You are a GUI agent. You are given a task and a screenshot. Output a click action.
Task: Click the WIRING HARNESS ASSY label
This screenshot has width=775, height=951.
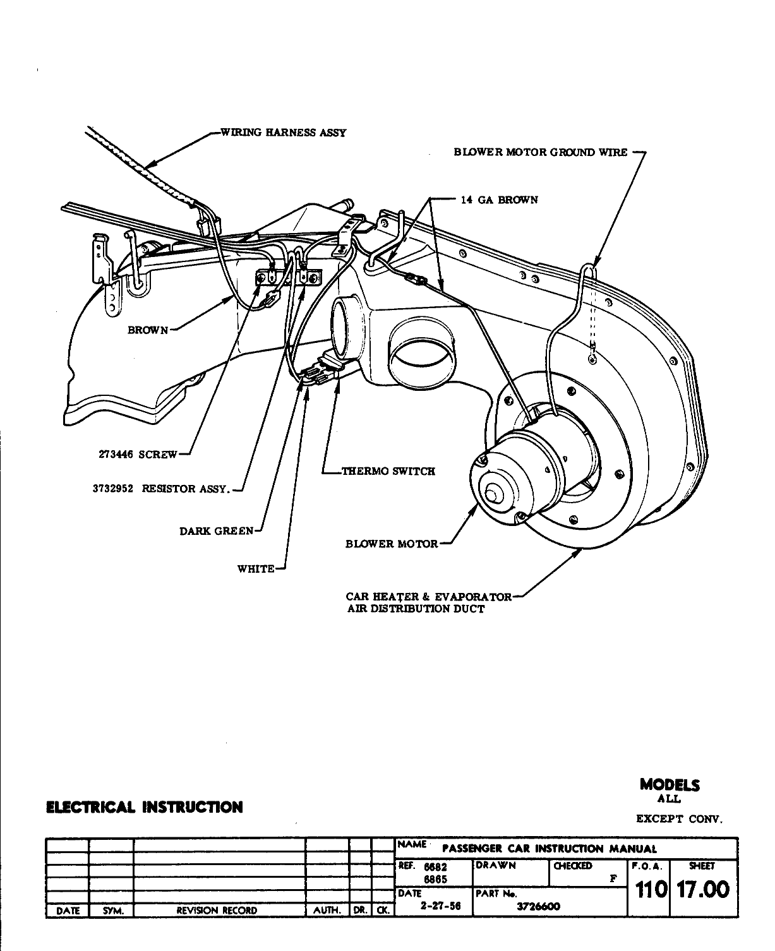pos(282,133)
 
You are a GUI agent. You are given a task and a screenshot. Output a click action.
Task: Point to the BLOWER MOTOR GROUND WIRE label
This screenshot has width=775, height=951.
pos(541,152)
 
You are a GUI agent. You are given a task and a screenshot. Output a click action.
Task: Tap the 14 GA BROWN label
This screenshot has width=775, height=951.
pos(499,200)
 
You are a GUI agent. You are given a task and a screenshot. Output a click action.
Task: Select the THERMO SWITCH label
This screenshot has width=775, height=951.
pos(388,471)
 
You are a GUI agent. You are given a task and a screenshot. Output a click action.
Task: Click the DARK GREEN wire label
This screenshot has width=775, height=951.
pos(217,531)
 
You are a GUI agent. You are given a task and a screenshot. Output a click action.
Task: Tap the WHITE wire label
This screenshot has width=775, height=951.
pos(256,569)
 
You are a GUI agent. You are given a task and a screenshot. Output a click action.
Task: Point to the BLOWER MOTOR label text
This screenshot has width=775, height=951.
pos(392,544)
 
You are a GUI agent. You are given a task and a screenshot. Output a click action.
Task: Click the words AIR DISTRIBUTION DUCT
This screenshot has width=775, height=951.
pos(416,609)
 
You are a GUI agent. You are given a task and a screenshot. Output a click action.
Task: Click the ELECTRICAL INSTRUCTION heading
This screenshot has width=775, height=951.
pos(144,807)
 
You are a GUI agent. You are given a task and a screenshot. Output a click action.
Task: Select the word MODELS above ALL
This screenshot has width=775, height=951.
pos(670,785)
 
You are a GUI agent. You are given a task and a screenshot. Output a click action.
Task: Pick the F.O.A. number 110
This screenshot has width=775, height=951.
pos(648,890)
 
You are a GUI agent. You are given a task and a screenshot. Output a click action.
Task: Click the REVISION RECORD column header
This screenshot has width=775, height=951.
pos(217,911)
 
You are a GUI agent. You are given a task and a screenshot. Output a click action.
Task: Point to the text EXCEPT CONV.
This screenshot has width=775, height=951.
pos(678,820)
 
